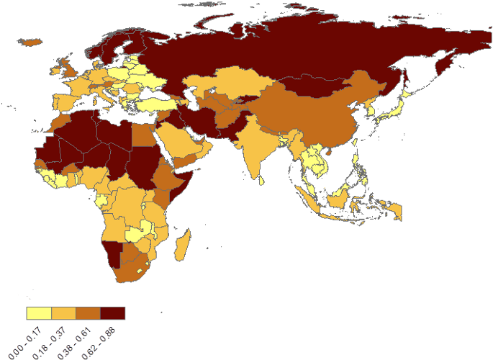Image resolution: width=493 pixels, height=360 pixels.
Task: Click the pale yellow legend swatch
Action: click(39, 313)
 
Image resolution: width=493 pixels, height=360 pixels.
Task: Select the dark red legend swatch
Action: click(113, 313)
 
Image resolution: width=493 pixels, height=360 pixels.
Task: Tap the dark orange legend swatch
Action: click(88, 313)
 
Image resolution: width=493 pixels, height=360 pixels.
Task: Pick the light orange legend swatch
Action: click(63, 313)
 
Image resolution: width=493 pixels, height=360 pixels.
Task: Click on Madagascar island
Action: click(184, 243)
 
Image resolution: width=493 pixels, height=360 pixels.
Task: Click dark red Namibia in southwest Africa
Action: click(113, 254)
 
